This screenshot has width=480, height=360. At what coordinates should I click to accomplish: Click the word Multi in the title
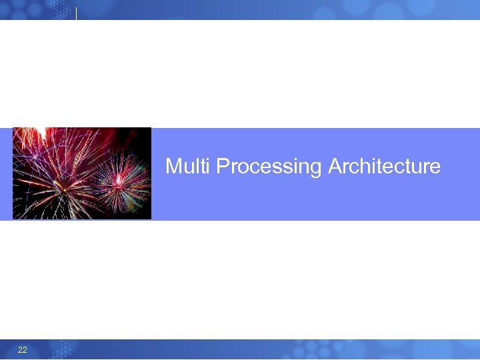189,166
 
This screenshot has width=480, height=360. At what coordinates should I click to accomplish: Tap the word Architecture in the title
384,166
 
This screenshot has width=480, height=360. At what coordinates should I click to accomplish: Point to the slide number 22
23,350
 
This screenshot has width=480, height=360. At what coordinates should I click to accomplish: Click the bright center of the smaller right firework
119,179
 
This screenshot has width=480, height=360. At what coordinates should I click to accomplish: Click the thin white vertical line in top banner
77,13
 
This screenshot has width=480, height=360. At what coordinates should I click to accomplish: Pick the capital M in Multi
173,166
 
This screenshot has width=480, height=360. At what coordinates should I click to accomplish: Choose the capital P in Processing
223,166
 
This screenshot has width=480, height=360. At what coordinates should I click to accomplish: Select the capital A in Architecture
335,166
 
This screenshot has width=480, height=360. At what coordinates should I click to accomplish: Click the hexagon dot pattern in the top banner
33,9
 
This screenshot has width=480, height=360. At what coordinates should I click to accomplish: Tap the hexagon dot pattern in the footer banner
60,349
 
